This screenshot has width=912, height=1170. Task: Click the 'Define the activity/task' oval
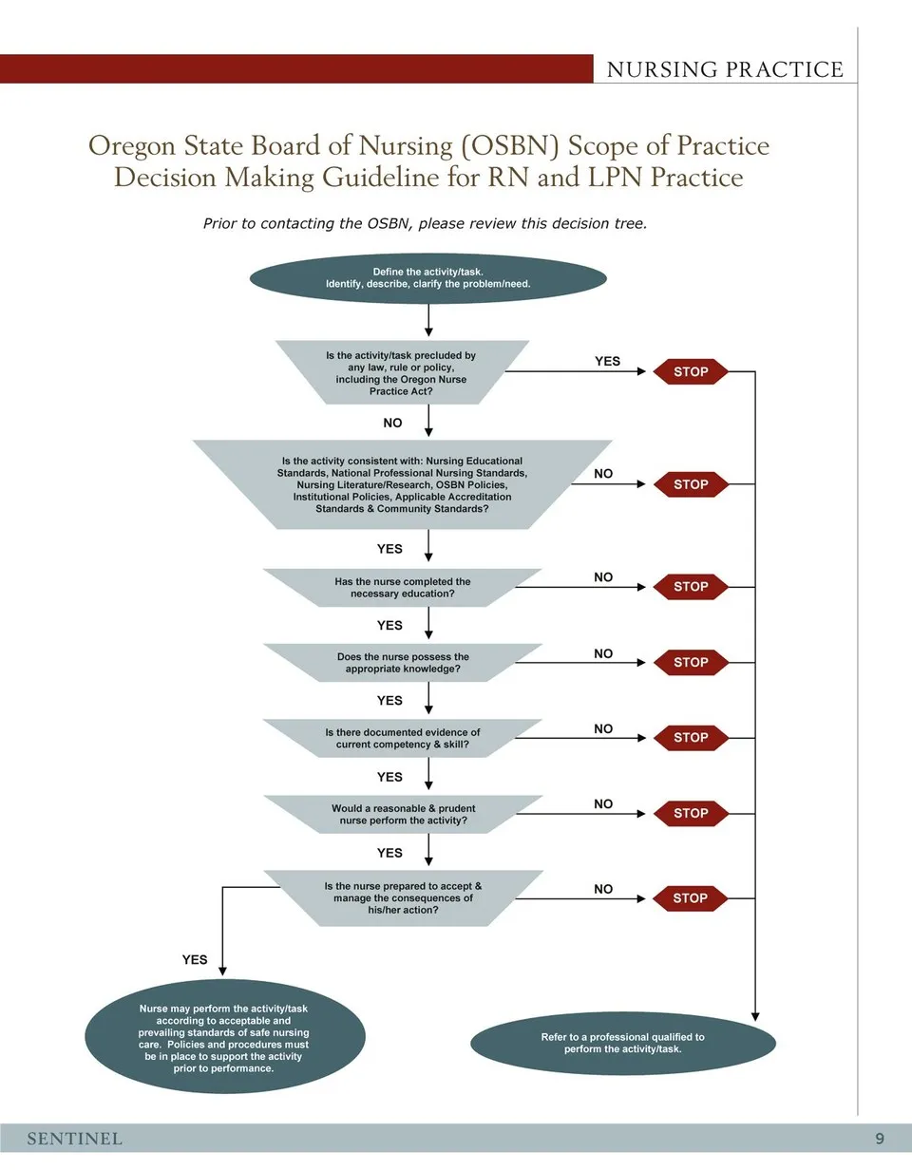coord(427,277)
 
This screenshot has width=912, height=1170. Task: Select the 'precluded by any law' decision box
coord(401,373)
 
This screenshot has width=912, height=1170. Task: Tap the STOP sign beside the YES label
coord(691,372)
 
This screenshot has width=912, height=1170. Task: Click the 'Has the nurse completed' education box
coord(402,588)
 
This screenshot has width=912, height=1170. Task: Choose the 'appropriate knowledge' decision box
coord(402,663)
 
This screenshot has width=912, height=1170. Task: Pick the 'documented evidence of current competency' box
coord(402,739)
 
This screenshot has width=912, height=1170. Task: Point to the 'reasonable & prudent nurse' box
coord(402,814)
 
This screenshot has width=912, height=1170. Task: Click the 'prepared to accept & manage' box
coord(402,897)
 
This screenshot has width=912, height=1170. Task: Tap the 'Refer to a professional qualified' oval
coord(623,1043)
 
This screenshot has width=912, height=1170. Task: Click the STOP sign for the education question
coord(691,587)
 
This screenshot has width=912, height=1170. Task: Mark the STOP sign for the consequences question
coord(691,897)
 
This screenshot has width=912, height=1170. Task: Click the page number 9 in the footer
coord(880,1139)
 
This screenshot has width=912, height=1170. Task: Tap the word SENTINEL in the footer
coord(74,1139)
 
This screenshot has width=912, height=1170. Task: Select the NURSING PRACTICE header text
coord(725,69)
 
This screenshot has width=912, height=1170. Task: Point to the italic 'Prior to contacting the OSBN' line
coord(425,224)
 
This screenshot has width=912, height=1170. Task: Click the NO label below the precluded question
coord(392,423)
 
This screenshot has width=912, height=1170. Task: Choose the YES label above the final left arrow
coord(195,960)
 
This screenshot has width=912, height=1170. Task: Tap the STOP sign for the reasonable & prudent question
coord(691,813)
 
